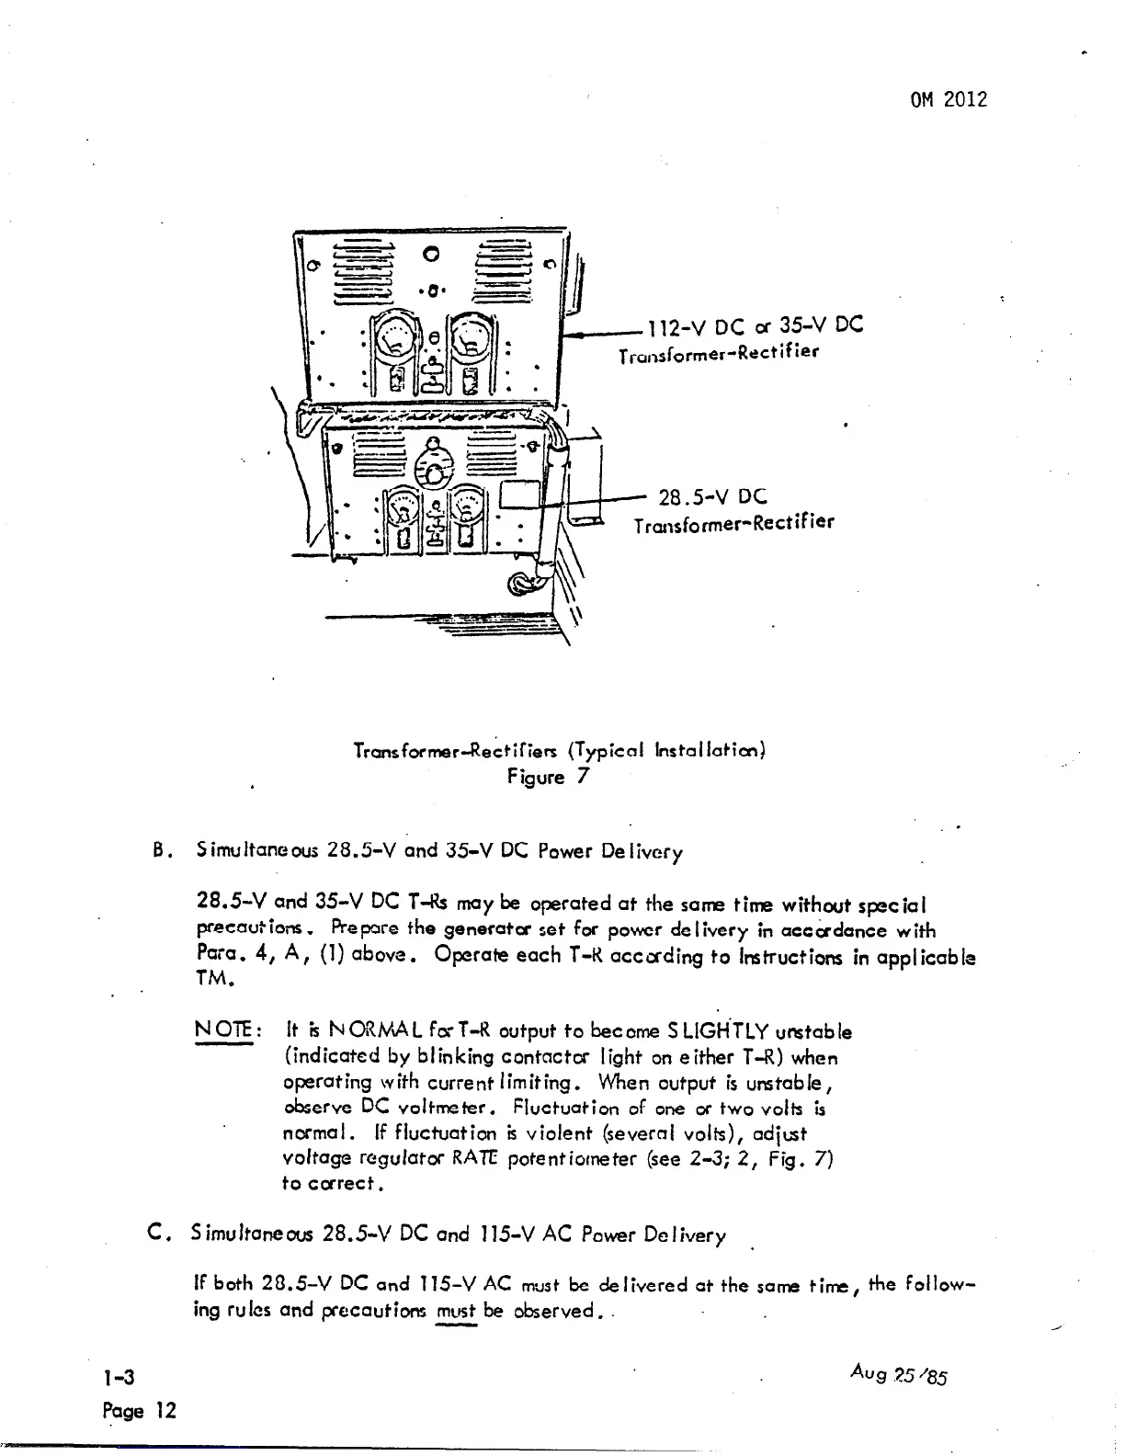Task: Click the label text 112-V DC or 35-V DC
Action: (x=756, y=326)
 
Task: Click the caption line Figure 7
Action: (x=547, y=777)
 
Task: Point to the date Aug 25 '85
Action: (x=899, y=1375)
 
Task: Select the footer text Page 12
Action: (x=139, y=1411)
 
